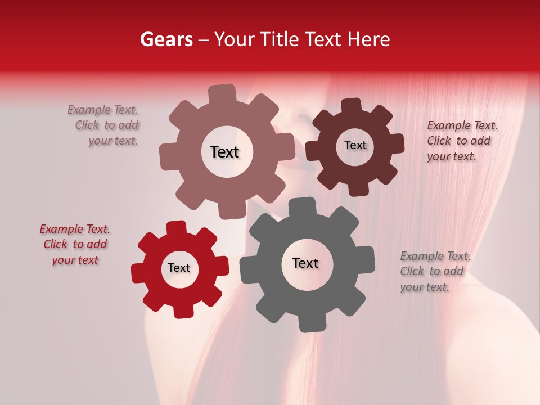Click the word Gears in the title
[x=166, y=39]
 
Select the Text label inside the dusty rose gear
[x=224, y=152]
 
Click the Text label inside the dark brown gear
[x=355, y=145]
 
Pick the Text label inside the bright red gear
[x=179, y=268]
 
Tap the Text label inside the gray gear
[x=305, y=263]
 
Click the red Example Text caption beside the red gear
[x=75, y=245]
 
